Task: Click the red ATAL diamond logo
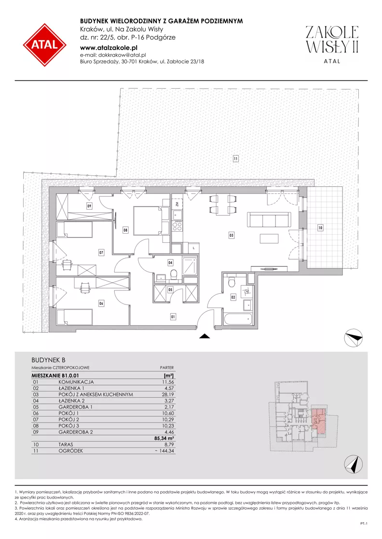click(x=45, y=45)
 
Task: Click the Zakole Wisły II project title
click(x=332, y=39)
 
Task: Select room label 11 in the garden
click(x=236, y=159)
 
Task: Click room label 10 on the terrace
click(x=320, y=227)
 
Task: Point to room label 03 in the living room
click(x=232, y=236)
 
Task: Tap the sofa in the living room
click(x=270, y=220)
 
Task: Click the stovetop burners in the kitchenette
click(x=177, y=226)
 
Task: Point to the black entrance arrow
click(x=205, y=337)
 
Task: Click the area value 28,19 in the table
click(x=167, y=394)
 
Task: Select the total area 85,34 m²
click(x=164, y=438)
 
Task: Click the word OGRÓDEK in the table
click(x=70, y=451)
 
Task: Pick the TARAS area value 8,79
click(x=169, y=445)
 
